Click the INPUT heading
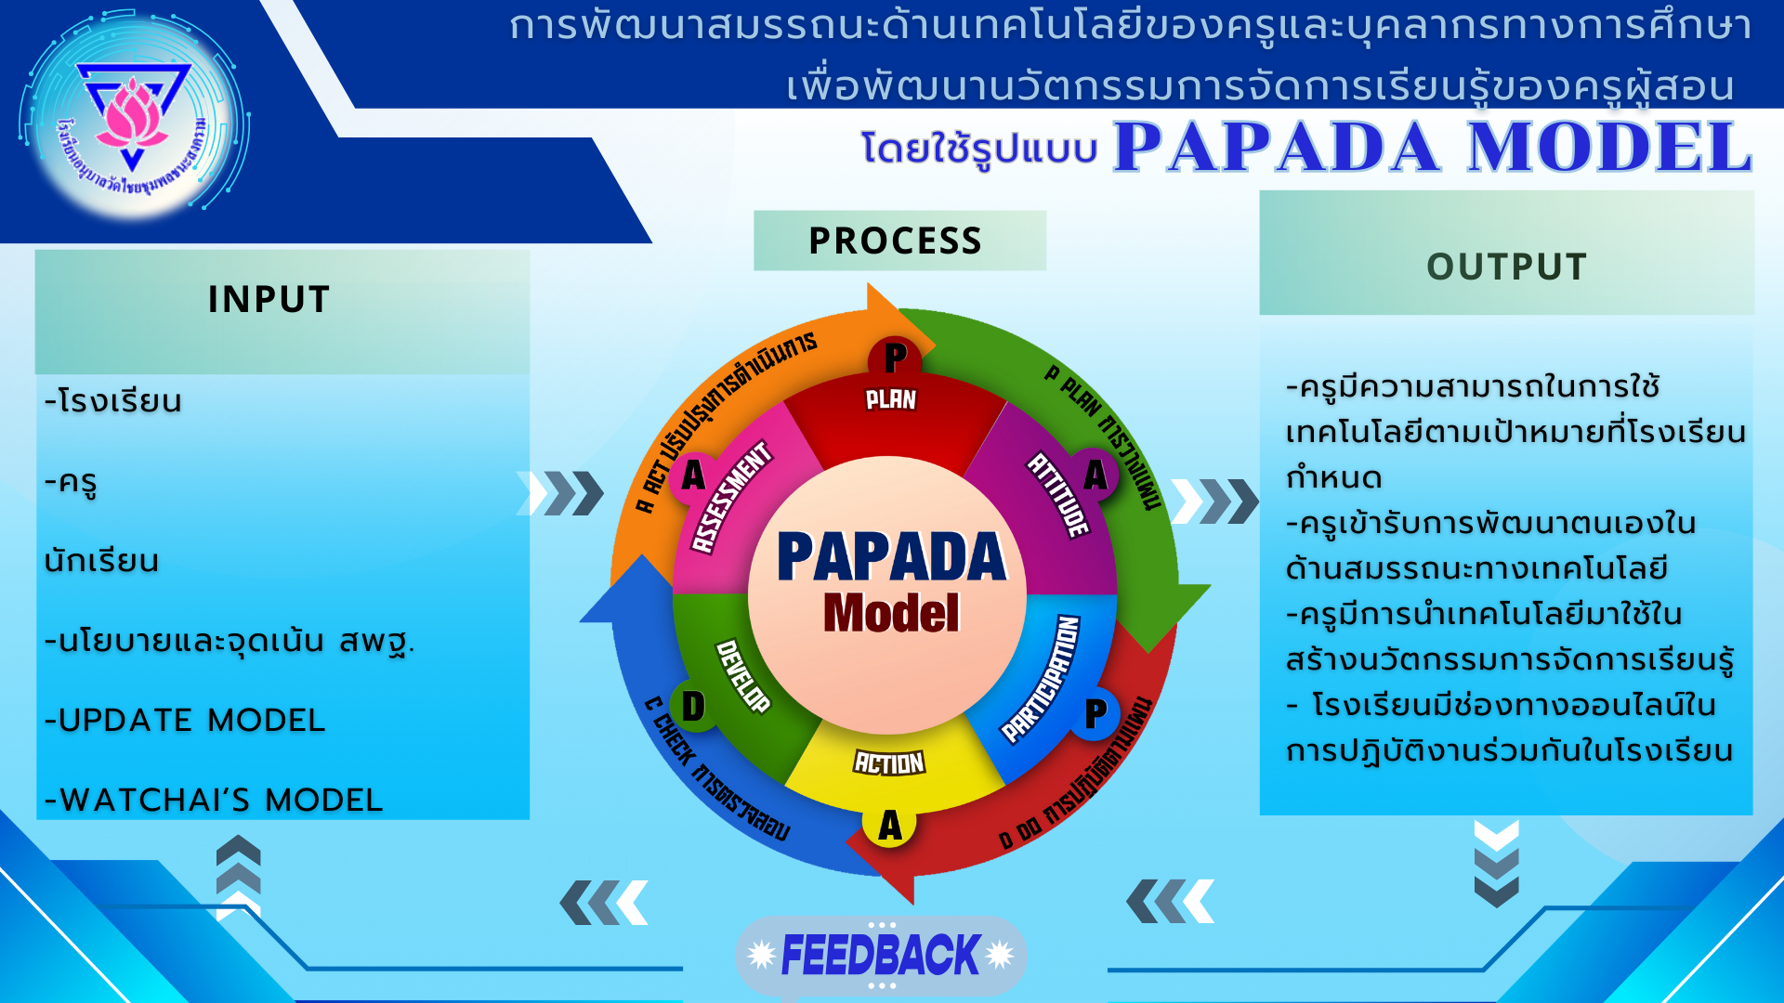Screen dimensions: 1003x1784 269,299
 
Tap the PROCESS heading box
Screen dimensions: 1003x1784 897,241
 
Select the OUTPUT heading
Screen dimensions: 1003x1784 1506,267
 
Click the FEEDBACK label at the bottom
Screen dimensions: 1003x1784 880,955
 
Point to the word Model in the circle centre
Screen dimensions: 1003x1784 890,614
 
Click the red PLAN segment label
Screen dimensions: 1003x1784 890,400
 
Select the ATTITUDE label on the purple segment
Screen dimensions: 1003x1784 1058,494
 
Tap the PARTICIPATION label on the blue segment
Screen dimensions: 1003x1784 1041,680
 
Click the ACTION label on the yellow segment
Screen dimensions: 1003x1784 889,763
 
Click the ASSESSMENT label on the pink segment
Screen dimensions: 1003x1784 732,497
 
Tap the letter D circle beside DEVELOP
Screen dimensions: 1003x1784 693,707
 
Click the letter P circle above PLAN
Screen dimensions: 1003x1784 895,358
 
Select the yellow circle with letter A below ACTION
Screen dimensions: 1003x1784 889,825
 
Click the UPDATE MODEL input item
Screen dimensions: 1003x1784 186,721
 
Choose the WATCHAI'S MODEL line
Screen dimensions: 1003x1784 215,800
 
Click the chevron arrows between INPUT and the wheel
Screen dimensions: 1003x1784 561,493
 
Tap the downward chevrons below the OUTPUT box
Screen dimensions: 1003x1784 1496,864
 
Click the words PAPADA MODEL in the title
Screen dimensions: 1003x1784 1432,148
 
